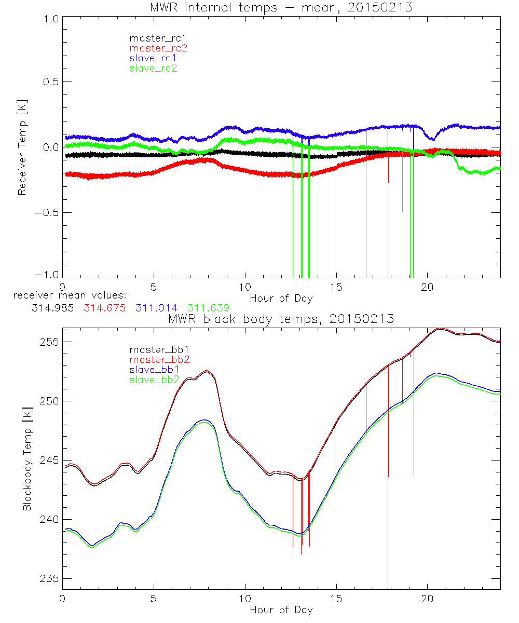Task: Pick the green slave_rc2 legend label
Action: (x=153, y=68)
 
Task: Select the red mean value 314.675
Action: (x=104, y=308)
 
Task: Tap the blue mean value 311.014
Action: (x=156, y=308)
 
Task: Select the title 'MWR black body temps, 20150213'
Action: (x=281, y=319)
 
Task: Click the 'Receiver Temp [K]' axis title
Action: (x=22, y=147)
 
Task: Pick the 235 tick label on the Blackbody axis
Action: (x=50, y=579)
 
